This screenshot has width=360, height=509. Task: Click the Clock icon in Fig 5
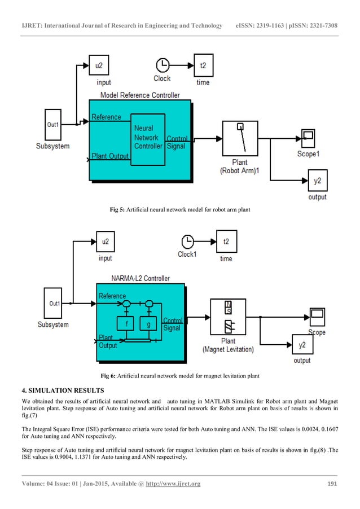(162, 64)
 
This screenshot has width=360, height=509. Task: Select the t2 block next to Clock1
(226, 242)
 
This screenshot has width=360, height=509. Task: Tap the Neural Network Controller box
(147, 139)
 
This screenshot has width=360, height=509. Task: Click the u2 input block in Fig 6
(105, 242)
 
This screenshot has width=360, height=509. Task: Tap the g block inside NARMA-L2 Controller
(148, 324)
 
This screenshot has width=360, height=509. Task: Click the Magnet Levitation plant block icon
(228, 318)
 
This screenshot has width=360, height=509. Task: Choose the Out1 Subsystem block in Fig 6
(54, 304)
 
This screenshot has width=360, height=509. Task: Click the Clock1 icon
(187, 242)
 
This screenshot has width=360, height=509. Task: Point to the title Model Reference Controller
(140, 95)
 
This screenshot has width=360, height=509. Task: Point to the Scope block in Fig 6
(317, 314)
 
